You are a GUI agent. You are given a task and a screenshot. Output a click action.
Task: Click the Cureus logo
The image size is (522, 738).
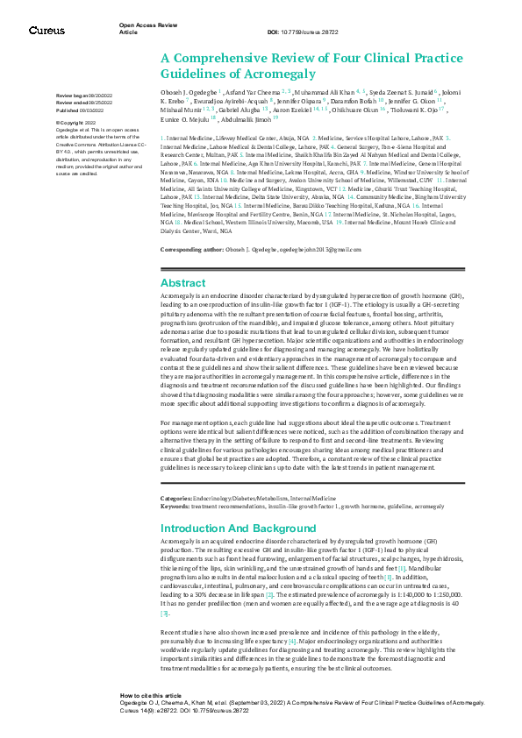coord(46,30)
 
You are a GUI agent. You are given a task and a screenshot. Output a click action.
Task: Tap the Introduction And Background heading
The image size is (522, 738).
coord(237,529)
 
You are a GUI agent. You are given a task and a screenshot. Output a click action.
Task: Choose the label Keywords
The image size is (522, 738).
coord(175,505)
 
